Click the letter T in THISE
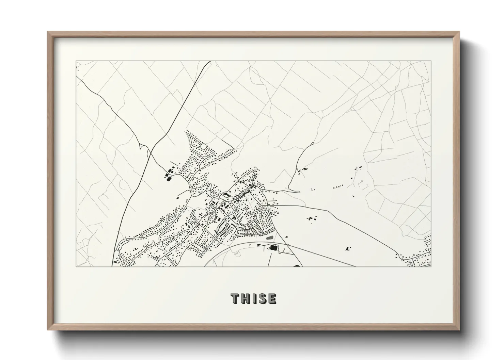pyautogui.click(x=235, y=298)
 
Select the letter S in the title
pyautogui.click(x=262, y=298)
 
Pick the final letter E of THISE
pyautogui.click(x=272, y=298)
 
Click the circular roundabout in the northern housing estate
pyautogui.click(x=203, y=146)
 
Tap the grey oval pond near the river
pyautogui.click(x=270, y=237)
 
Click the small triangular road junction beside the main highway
pyautogui.click(x=143, y=147)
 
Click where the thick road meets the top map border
pyautogui.click(x=210, y=62)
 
